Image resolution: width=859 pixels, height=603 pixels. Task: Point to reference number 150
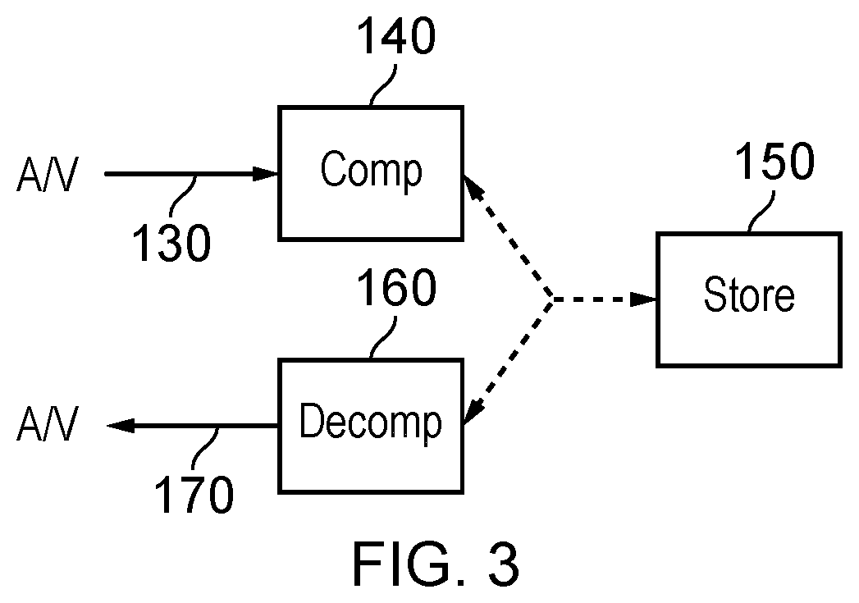(774, 161)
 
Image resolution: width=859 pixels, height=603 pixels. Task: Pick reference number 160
(396, 287)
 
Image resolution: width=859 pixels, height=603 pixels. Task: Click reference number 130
(171, 243)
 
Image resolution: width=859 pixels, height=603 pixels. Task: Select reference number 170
(194, 494)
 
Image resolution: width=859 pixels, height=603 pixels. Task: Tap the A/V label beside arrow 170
(47, 423)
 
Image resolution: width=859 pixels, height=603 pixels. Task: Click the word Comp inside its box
(372, 171)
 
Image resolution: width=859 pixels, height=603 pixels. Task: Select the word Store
(749, 295)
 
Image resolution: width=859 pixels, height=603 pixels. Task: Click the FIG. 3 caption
(436, 564)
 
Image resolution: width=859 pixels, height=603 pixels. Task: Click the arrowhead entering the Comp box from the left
(265, 174)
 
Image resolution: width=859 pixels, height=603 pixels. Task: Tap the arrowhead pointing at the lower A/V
(120, 426)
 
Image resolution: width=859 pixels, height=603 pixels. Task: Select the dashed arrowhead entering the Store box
(643, 299)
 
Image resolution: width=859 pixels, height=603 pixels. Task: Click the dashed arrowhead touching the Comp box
(474, 187)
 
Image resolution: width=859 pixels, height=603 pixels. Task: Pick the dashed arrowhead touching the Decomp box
(474, 412)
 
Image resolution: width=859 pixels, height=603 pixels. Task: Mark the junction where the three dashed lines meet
(552, 299)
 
